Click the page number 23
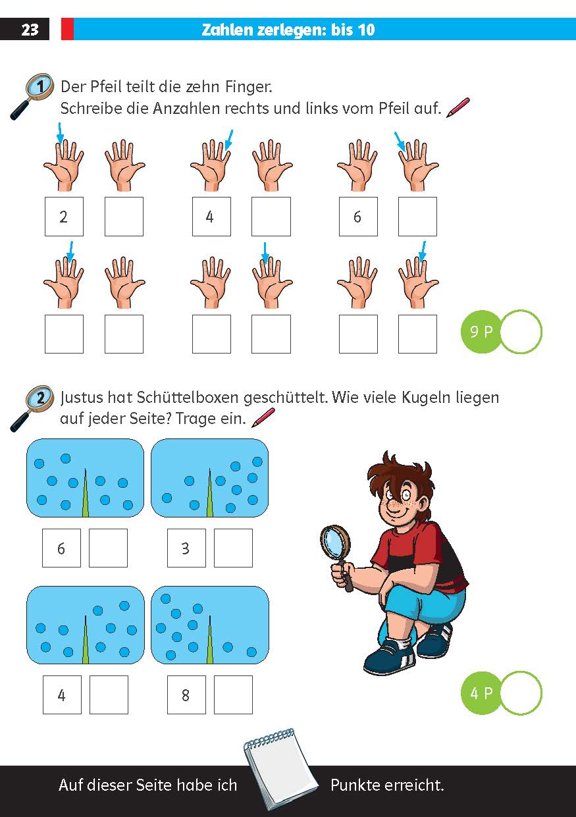pos(30,30)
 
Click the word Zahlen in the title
pos(227,30)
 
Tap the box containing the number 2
pos(64,217)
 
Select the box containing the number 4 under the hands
pos(211,217)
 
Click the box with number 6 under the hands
pos(358,217)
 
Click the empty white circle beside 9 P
pos(521,332)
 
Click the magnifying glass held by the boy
pos(336,543)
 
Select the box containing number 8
pos(186,695)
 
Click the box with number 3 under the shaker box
pos(186,548)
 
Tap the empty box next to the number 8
pos(233,695)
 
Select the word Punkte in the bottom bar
pos(359,785)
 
